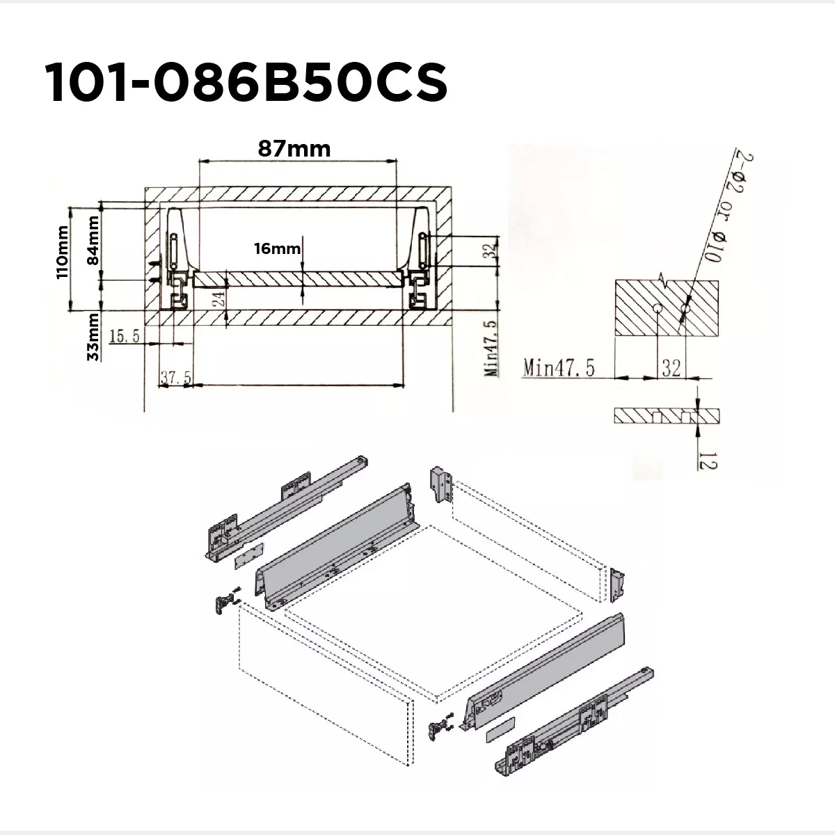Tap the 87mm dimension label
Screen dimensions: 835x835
coord(294,149)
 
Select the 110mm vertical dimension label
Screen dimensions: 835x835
coord(63,252)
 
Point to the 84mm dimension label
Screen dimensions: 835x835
coord(93,241)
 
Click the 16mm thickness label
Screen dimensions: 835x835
coord(278,248)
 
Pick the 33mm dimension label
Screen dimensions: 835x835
coord(93,337)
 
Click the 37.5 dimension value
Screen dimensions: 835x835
coord(175,376)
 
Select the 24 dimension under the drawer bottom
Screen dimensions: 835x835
coord(220,297)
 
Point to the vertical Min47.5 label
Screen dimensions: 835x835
coord(491,348)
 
